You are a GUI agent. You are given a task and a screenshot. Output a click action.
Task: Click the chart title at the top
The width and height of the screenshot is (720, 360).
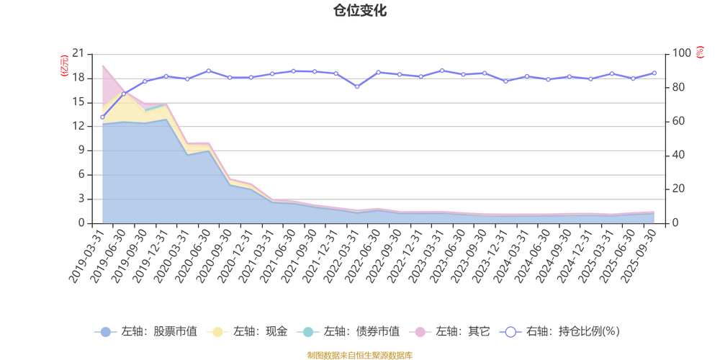coord(359,10)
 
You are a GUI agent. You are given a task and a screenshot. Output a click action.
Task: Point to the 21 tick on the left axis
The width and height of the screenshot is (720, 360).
coord(80,53)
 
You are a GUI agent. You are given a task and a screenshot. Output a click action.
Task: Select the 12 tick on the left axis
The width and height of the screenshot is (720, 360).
coord(80,125)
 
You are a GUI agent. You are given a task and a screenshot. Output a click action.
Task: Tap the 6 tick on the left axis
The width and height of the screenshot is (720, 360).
coord(81,174)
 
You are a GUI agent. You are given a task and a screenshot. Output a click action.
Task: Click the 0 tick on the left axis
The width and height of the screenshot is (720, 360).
coord(81,222)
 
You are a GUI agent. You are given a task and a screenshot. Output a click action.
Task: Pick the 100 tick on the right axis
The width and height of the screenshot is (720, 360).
coord(681,53)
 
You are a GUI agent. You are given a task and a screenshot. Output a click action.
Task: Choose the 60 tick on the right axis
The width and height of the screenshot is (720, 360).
coord(680,121)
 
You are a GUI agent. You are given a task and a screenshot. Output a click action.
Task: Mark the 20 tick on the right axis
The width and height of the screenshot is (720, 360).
coord(680,189)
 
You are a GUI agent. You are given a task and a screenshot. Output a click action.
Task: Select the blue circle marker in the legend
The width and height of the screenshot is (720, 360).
coord(105,332)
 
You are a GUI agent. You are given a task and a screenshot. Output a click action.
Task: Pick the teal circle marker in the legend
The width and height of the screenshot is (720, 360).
coord(308,332)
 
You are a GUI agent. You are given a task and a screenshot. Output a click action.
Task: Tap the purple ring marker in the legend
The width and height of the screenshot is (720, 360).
coord(510,332)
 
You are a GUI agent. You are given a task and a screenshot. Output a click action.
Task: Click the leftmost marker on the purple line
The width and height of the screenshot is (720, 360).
coord(102,117)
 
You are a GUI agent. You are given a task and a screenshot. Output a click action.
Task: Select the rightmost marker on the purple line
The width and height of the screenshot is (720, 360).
coord(654,72)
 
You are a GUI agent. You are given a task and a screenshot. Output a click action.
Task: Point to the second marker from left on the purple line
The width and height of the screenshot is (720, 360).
coord(123,94)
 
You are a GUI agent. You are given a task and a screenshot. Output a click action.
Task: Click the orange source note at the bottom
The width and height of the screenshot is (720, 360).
coord(359,354)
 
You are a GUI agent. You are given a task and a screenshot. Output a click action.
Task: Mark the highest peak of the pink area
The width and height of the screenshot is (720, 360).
coord(103,64)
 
